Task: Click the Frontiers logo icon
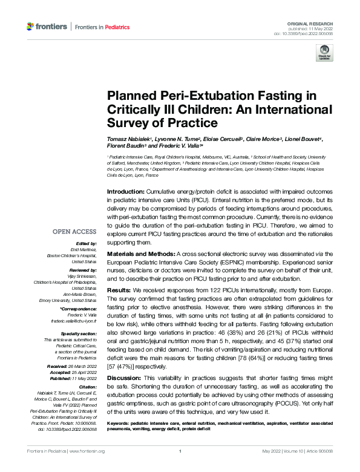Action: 31,27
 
